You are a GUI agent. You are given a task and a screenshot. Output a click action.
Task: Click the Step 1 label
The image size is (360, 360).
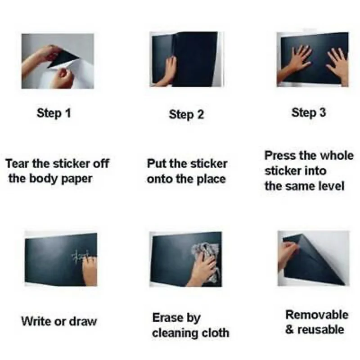(54, 113)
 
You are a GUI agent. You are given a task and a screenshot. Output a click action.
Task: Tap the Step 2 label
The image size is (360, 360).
(186, 115)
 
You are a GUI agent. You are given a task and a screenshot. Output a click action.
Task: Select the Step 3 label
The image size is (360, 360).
(309, 113)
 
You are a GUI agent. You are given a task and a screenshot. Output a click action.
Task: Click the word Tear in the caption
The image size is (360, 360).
(18, 164)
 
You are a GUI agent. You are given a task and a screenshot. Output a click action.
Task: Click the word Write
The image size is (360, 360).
(36, 321)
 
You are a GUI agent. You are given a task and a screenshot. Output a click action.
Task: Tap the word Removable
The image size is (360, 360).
(317, 315)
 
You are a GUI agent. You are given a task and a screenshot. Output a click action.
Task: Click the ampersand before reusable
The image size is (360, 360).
(290, 330)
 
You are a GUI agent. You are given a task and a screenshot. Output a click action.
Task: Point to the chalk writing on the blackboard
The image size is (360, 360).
(80, 256)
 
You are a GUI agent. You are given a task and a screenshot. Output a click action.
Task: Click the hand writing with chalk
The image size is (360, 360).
(90, 271)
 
